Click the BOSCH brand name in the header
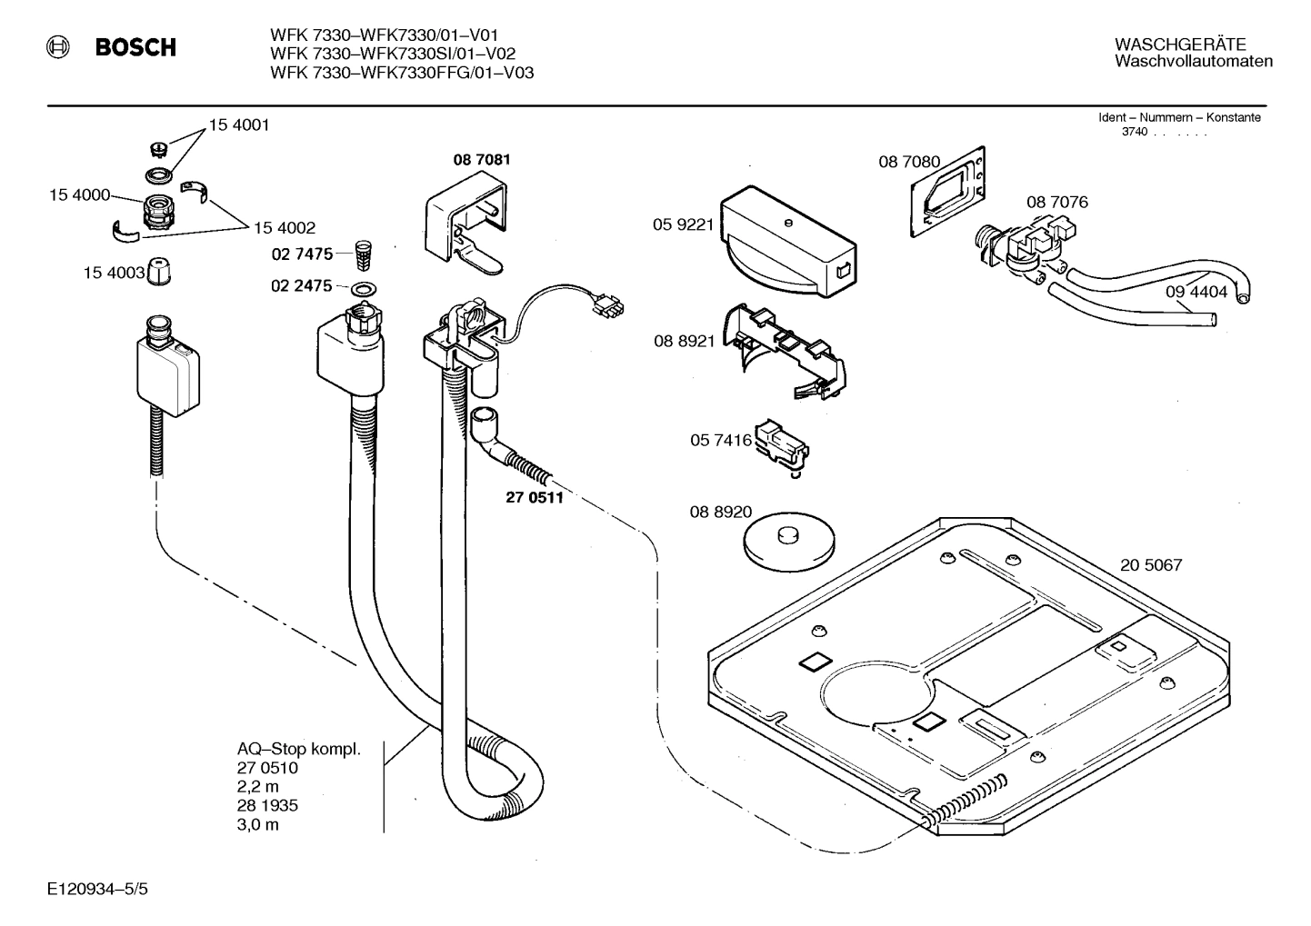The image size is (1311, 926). coord(135,47)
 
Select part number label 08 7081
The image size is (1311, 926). coord(482,160)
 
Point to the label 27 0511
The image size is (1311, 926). coord(535,497)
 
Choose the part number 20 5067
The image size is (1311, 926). coord(1151,565)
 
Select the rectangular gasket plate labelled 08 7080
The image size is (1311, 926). coord(948,192)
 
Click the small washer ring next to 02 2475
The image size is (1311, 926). coord(365,289)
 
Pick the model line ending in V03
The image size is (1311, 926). coord(402,73)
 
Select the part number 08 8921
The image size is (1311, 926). coord(684,341)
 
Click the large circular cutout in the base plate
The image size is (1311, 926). coord(876,693)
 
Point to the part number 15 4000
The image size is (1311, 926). coord(79,195)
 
